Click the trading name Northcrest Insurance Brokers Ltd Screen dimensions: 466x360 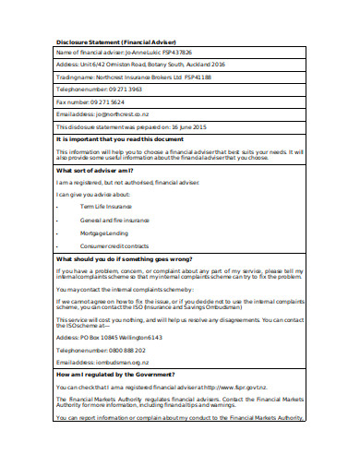[144, 78]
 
